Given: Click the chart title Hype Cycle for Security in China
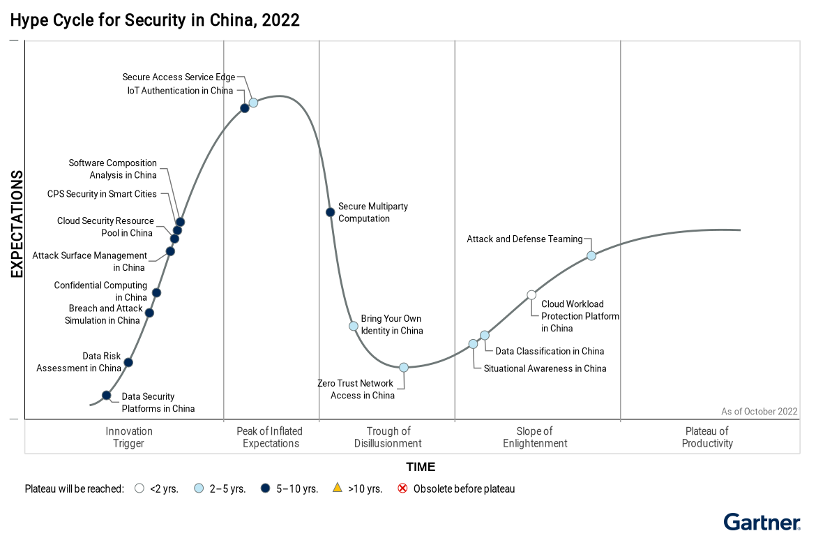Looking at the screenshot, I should click(x=155, y=20).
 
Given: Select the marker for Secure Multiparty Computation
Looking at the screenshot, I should click(x=331, y=212).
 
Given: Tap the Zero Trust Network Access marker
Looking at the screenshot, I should click(x=403, y=367).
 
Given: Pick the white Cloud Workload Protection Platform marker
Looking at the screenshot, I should click(x=531, y=294).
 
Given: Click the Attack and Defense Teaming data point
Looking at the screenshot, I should click(x=591, y=255).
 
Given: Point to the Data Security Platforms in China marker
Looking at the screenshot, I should click(x=107, y=395).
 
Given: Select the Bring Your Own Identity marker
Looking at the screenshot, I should click(x=354, y=326).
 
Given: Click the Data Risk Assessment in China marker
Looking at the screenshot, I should click(x=128, y=362).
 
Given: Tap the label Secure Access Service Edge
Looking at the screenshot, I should click(x=179, y=77).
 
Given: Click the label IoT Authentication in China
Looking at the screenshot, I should click(x=180, y=91).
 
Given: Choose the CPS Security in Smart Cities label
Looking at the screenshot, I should click(x=102, y=194).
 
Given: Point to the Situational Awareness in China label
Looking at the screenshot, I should click(x=545, y=368).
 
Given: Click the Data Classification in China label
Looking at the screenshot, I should click(x=550, y=351).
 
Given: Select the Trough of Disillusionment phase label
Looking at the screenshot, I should click(x=388, y=438).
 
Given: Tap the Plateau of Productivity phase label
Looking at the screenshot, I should click(x=707, y=438).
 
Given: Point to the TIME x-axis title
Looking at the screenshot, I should click(x=421, y=467).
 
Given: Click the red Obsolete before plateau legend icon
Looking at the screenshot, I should click(x=402, y=488).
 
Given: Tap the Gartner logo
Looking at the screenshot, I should click(x=762, y=521).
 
